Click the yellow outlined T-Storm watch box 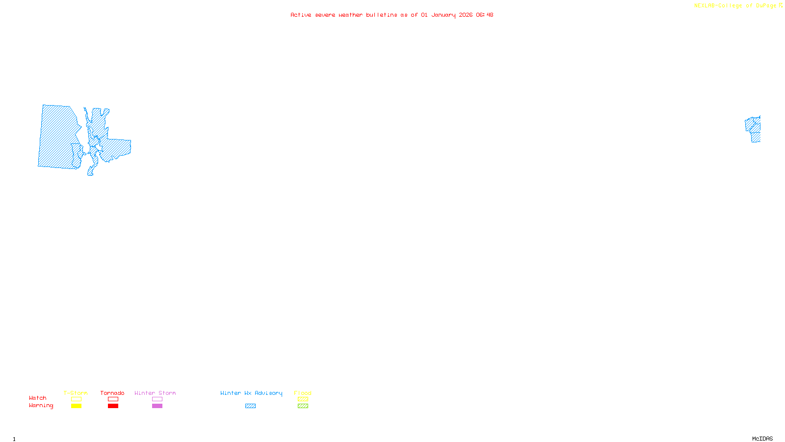click(x=76, y=399)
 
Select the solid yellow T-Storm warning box click(x=76, y=406)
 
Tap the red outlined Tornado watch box click(x=113, y=399)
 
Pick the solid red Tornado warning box click(x=113, y=406)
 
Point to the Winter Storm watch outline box click(x=157, y=399)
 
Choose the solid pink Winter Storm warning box click(x=157, y=406)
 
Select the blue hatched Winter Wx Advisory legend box click(x=250, y=406)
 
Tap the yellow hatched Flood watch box click(x=303, y=399)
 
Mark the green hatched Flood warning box click(x=303, y=406)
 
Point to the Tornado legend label click(x=112, y=393)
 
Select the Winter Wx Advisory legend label click(x=251, y=393)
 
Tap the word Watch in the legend click(x=38, y=398)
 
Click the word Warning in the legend click(x=41, y=406)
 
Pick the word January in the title click(x=444, y=15)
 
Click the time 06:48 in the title click(x=484, y=15)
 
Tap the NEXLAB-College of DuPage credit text click(x=735, y=6)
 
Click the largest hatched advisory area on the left click(x=58, y=138)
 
